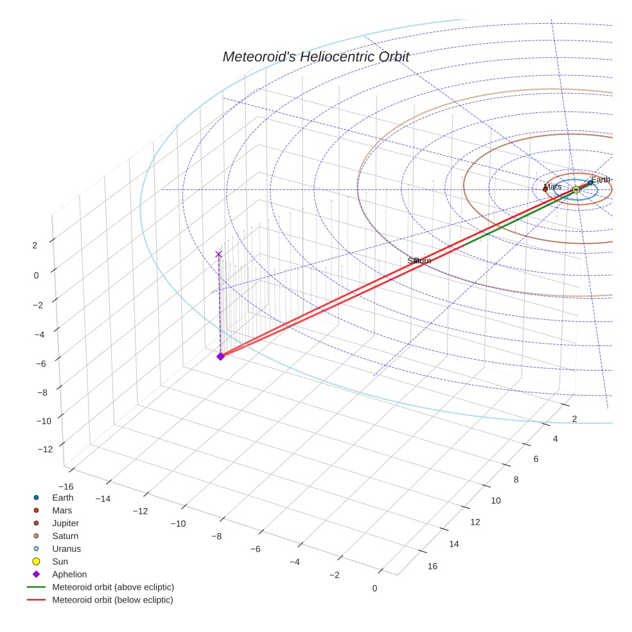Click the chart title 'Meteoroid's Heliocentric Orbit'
315,57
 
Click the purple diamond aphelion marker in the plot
220,356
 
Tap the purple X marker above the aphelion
218,254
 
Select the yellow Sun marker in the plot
576,189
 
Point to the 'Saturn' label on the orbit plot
419,261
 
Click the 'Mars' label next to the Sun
553,187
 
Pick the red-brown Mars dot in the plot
545,189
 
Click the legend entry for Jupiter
66,523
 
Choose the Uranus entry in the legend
66,549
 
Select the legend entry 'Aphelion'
69,574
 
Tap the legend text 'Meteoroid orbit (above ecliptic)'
113,587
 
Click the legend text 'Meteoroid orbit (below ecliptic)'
112,600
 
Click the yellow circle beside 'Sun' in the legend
37,561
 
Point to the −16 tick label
65,486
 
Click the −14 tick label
103,499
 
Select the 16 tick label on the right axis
432,566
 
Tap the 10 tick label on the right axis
495,500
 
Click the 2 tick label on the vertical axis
35,245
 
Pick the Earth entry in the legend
63,497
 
